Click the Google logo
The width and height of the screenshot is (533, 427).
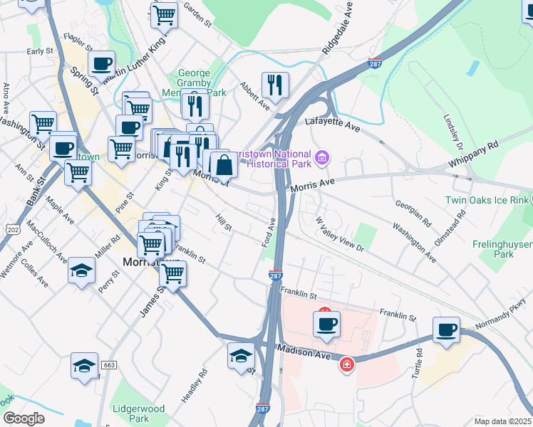pyautogui.click(x=23, y=418)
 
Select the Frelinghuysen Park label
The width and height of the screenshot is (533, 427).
pyautogui.click(x=502, y=248)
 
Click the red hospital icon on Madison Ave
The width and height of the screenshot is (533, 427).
pyautogui.click(x=346, y=364)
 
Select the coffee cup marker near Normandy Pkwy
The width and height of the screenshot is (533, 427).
pyautogui.click(x=447, y=330)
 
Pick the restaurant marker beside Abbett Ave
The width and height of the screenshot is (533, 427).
pyautogui.click(x=274, y=85)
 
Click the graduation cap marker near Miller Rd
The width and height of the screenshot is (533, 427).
pyautogui.click(x=83, y=271)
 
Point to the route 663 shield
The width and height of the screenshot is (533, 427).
pyautogui.click(x=109, y=365)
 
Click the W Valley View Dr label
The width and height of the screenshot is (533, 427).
pyautogui.click(x=341, y=235)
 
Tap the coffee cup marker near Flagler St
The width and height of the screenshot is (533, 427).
pyautogui.click(x=102, y=64)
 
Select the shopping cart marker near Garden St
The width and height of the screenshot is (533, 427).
pyautogui.click(x=165, y=14)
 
